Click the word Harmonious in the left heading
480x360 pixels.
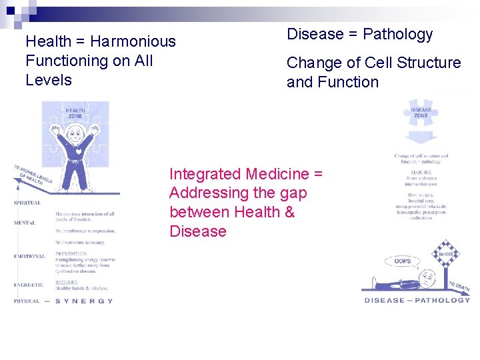(133, 41)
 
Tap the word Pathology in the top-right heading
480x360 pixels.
(397, 34)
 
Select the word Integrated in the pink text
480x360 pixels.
(205, 174)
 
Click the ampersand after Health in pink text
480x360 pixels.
(289, 212)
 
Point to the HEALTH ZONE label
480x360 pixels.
(75, 113)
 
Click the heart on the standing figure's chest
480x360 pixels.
(78, 151)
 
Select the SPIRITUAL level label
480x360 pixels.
(27, 203)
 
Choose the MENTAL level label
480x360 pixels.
(25, 223)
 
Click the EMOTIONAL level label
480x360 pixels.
(29, 257)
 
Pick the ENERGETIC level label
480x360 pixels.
(29, 285)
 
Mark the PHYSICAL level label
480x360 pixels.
(27, 301)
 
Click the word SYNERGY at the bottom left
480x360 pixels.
(84, 301)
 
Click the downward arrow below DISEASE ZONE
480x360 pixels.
(421, 137)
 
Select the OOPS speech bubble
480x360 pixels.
(403, 261)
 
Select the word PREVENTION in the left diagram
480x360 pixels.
(72, 254)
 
